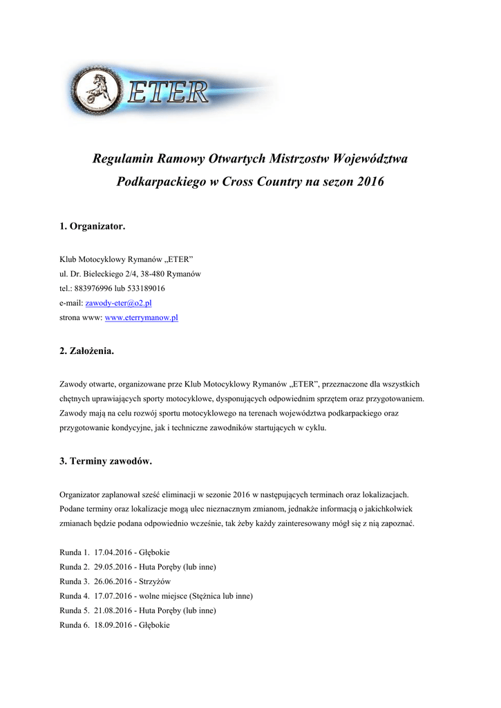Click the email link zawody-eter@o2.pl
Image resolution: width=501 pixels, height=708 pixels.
pyautogui.click(x=118, y=303)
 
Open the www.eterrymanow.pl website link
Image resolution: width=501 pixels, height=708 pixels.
pyautogui.click(x=141, y=317)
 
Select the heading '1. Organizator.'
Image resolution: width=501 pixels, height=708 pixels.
pyautogui.click(x=93, y=226)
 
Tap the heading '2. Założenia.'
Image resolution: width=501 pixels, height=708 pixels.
pyautogui.click(x=86, y=351)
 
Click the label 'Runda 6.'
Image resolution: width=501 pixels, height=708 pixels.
pyautogui.click(x=75, y=625)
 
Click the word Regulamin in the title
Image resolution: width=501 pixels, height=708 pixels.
pyautogui.click(x=123, y=159)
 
